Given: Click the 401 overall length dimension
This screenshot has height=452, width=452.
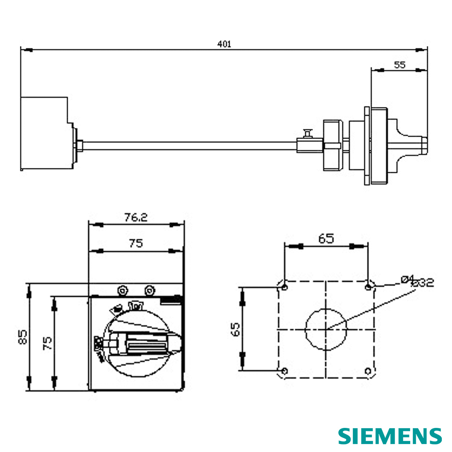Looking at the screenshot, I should pos(224,44).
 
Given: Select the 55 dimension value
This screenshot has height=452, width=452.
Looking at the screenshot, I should pos(399,65).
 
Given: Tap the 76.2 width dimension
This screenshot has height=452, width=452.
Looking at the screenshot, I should pos(136,218).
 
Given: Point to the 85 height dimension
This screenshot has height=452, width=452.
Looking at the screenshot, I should pos(23,337).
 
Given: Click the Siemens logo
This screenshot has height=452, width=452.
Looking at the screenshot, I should pos(390,436).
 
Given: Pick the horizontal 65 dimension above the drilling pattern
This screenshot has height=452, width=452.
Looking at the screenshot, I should pos(326,239).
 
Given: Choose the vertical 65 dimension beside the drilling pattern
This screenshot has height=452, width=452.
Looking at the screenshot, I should pos(235,329).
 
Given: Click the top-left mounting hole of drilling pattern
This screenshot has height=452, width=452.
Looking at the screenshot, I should pos(284,288).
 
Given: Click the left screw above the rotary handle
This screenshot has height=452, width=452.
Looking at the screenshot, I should pos(122,290).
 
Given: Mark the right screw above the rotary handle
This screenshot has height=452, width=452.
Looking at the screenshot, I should pos(150,290).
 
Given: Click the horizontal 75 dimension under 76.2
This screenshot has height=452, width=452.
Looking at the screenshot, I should pos(136,243).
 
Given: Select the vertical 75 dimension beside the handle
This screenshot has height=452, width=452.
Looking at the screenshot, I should pos(47,343).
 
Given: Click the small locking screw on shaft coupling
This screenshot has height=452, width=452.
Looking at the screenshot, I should pos(308,133).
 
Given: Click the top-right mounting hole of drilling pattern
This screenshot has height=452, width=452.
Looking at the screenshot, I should pos(368,288).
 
